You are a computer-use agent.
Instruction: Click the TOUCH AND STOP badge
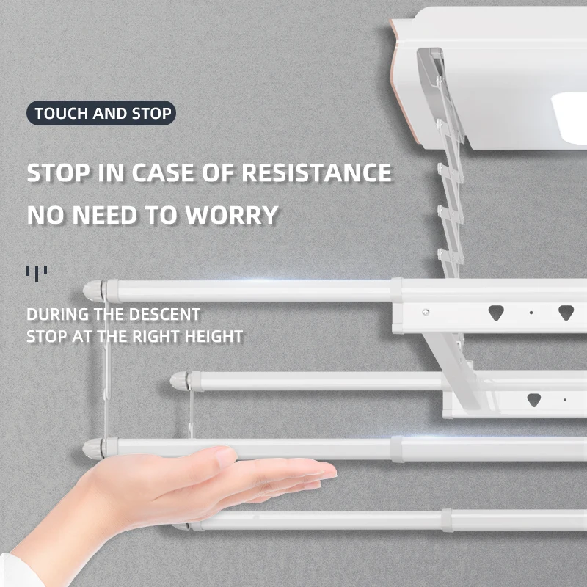click(102, 114)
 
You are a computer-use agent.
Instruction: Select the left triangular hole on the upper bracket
click(496, 311)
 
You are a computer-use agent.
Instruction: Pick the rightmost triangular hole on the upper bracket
click(565, 311)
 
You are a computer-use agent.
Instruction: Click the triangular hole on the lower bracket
click(534, 400)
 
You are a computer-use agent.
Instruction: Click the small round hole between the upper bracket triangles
click(531, 312)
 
